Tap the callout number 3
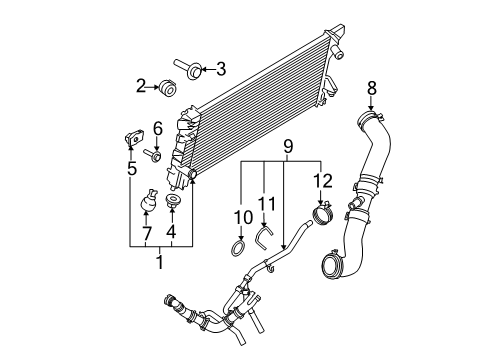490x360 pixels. coord(221,69)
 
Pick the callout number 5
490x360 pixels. coord(132,169)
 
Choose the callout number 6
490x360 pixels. coord(157,128)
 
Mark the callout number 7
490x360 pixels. coord(146,233)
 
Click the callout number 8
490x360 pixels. coord(372,90)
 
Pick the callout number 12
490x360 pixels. coord(322,180)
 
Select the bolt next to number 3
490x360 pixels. coord(192,69)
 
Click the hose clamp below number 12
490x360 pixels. coord(322,212)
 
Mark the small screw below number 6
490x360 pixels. coord(154,154)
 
